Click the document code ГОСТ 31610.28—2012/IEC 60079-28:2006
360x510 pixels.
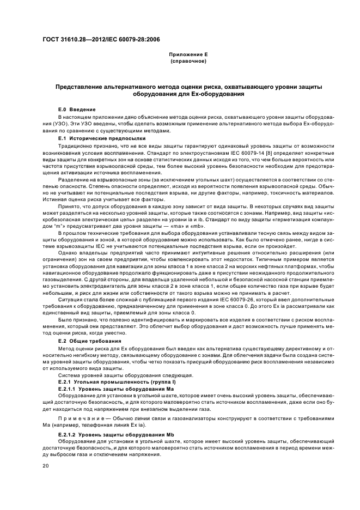[x=101, y=39]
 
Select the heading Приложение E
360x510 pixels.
[x=187, y=55]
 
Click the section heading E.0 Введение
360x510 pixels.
[x=77, y=110]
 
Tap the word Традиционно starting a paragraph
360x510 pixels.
[x=75, y=146]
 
